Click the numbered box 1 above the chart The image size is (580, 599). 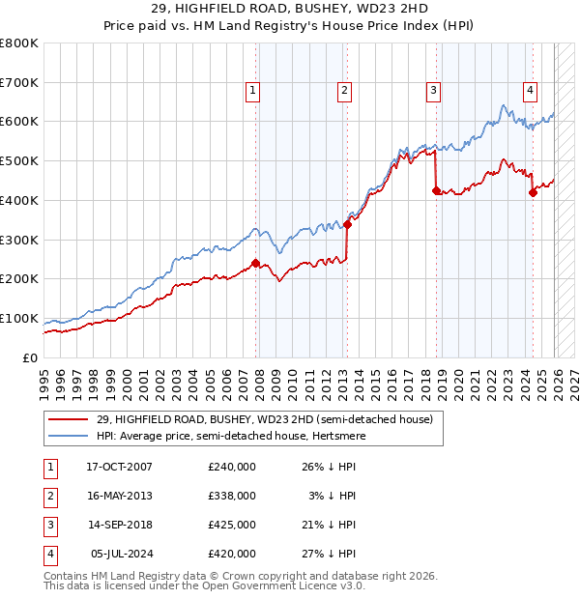point(252,92)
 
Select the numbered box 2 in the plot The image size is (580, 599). point(344,92)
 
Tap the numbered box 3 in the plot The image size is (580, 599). point(433,92)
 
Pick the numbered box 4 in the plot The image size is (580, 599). point(531,92)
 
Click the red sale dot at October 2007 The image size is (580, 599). point(255,263)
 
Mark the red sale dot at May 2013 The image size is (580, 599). point(347,224)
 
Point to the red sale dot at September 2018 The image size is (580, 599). point(436,190)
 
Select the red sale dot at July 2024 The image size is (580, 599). point(533,192)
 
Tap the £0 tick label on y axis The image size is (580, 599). point(30,357)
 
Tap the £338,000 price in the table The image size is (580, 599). point(231,496)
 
